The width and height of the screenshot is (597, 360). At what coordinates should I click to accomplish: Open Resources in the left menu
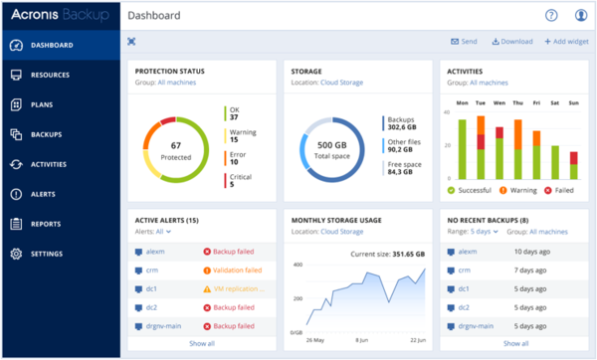[50, 75]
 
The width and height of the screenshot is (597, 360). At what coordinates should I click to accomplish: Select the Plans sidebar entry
[42, 104]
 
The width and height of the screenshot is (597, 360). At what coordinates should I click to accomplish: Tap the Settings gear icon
[16, 254]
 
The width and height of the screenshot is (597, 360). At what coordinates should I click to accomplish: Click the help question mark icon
[552, 15]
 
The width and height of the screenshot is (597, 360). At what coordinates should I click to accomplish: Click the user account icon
[581, 15]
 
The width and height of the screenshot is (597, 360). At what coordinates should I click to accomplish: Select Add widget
[566, 42]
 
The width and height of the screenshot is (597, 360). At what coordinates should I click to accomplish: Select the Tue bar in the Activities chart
[481, 147]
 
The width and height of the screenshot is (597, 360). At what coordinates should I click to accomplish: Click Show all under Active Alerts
[202, 343]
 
